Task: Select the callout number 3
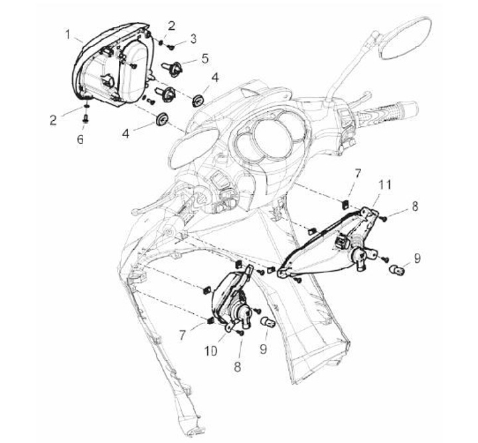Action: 193,39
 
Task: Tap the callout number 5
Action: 205,58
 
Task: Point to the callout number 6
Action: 80,139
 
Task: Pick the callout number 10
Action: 211,351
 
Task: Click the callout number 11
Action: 384,185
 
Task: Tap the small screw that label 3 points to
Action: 171,47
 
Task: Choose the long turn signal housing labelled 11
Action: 329,244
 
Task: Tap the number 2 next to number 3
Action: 172,26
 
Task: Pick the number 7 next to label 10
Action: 183,335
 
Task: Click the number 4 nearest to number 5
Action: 215,78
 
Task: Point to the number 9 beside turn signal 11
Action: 417,258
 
